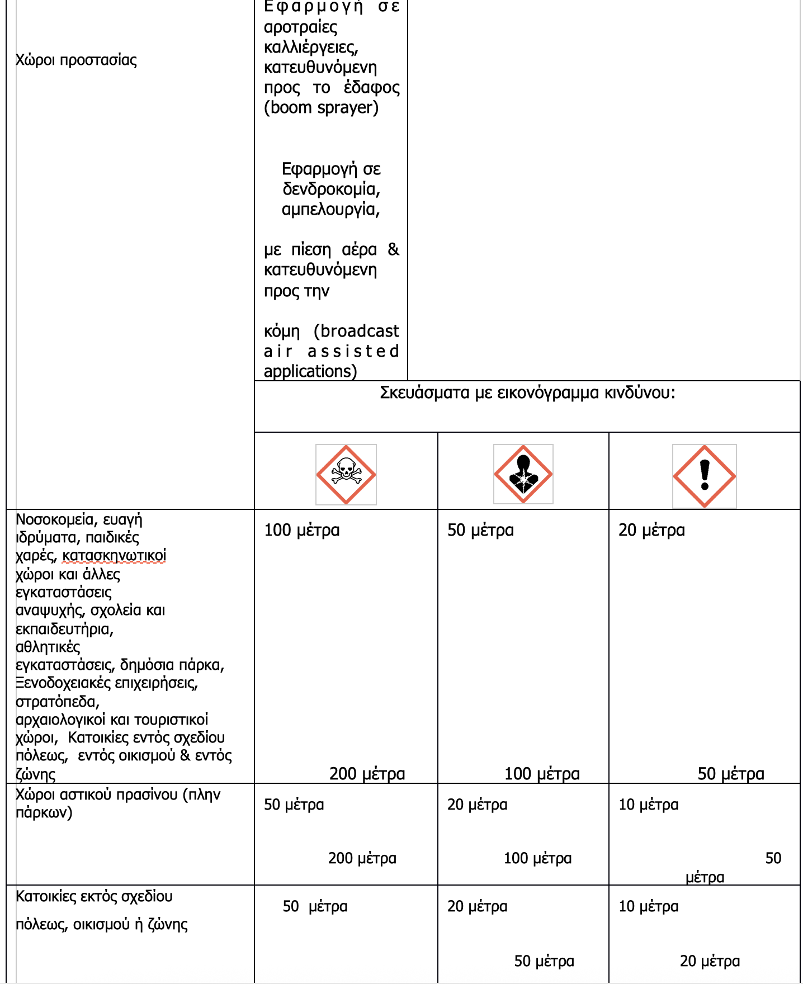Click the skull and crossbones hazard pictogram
coord(346,475)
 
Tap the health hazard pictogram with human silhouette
coord(523,474)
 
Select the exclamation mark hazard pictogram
coord(704,476)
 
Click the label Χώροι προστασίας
coord(76,60)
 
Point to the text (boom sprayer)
coord(321,107)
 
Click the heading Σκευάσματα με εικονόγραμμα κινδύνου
coord(527,393)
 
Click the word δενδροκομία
coord(331,189)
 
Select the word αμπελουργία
coord(330,209)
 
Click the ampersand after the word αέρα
coord(394,249)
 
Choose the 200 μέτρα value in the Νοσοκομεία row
coord(367,774)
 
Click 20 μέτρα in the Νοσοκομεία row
coord(651,530)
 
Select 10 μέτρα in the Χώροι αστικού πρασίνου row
coord(648,805)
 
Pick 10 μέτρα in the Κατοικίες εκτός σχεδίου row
coord(648,906)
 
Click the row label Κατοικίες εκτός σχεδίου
coord(94,897)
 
